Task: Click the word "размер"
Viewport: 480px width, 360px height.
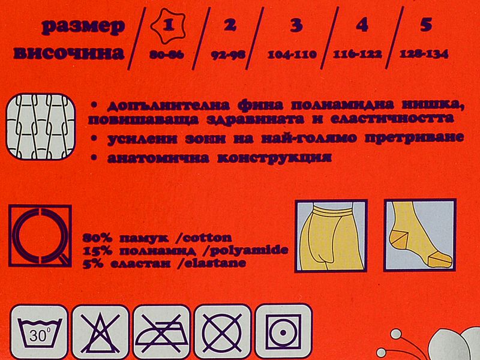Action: coord(83,26)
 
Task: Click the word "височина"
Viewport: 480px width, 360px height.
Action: coord(69,53)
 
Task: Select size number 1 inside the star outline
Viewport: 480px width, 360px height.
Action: coord(168,25)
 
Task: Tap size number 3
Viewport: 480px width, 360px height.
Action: coord(296,25)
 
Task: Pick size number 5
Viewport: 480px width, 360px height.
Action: coord(426,25)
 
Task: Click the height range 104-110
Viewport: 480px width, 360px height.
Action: coord(292,55)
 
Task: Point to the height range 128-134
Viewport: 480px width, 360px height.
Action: coord(424,54)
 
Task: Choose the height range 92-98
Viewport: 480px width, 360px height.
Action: coord(229,55)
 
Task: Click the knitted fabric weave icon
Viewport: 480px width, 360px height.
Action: coord(40,127)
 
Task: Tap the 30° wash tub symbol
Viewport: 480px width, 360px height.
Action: coord(39,332)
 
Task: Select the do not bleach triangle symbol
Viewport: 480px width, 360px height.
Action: coord(100,332)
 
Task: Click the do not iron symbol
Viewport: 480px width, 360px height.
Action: coord(161,332)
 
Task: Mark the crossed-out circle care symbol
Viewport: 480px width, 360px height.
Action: coord(223,332)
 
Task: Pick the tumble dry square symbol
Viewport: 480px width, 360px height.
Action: coord(283,332)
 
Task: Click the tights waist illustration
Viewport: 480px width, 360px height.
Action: coord(331,236)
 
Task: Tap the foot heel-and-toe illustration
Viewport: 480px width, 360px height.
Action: coord(420,235)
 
